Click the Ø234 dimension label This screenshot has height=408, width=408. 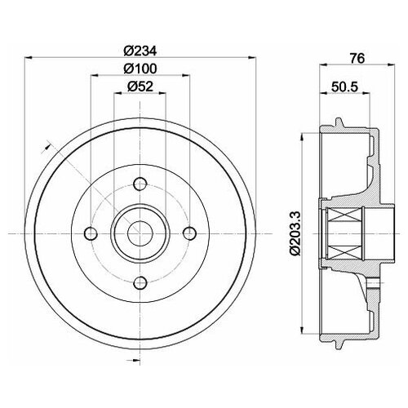coord(140,51)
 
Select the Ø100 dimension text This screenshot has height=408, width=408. coord(140,69)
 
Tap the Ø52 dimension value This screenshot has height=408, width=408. coord(140,86)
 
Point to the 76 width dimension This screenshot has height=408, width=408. coord(357,58)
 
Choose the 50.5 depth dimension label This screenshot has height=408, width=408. coord(345,87)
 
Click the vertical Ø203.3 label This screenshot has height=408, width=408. coord(295,233)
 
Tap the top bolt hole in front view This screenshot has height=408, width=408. coord(140,184)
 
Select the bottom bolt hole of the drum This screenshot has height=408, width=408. coord(140,282)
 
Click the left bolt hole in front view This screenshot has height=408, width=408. coord(91,233)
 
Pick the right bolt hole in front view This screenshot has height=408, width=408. coord(189,233)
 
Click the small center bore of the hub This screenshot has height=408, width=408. coord(140,233)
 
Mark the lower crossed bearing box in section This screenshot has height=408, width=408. coord(345,251)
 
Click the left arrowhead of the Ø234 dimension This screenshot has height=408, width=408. coord(29,57)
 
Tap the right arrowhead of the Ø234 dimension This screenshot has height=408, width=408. coord(252,57)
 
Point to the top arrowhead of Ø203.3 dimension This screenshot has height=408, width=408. coord(302,137)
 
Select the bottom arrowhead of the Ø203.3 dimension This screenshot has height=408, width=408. coord(302,330)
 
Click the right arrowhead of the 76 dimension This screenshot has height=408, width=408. coord(391,64)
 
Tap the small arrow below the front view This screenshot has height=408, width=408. coord(133,361)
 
